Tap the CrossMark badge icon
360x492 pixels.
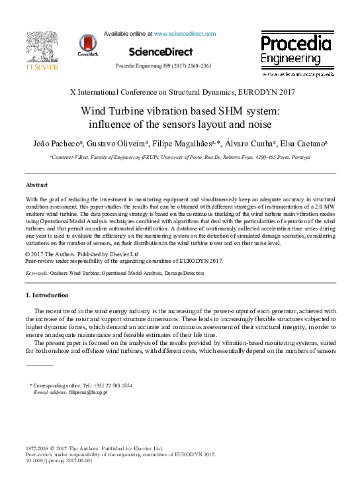point(87,44)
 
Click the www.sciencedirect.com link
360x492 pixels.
point(185,33)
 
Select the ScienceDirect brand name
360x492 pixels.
point(161,52)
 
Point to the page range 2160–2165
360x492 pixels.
point(197,67)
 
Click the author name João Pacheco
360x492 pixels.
point(46,144)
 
